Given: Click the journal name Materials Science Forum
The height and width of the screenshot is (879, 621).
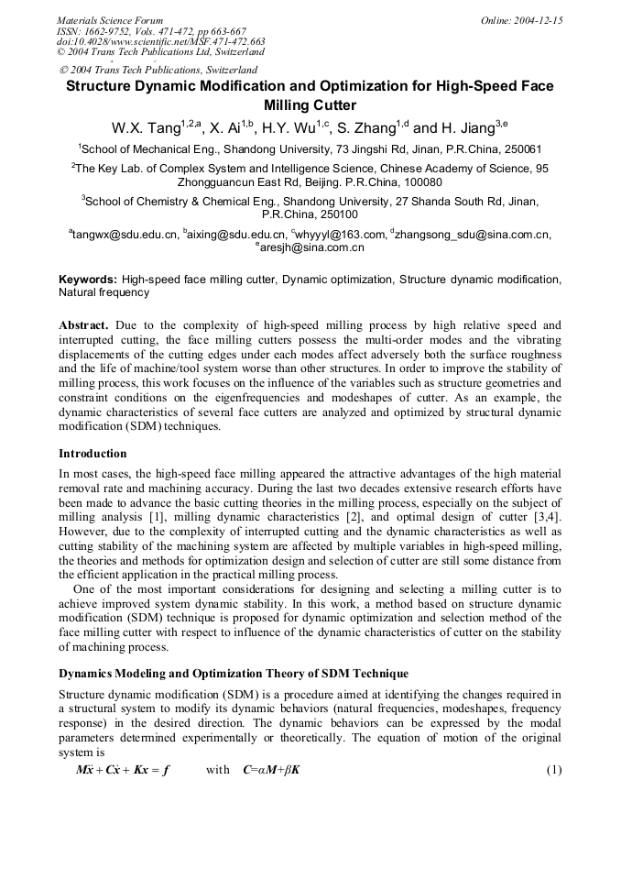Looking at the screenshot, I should tap(110, 20).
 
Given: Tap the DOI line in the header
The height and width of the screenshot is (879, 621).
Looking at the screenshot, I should tap(160, 42).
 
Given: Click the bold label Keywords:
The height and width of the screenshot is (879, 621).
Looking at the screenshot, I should tap(88, 279).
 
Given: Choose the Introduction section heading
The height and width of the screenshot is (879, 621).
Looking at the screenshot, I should tap(93, 453).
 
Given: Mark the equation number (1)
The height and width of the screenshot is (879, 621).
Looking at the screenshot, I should tap(553, 769).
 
